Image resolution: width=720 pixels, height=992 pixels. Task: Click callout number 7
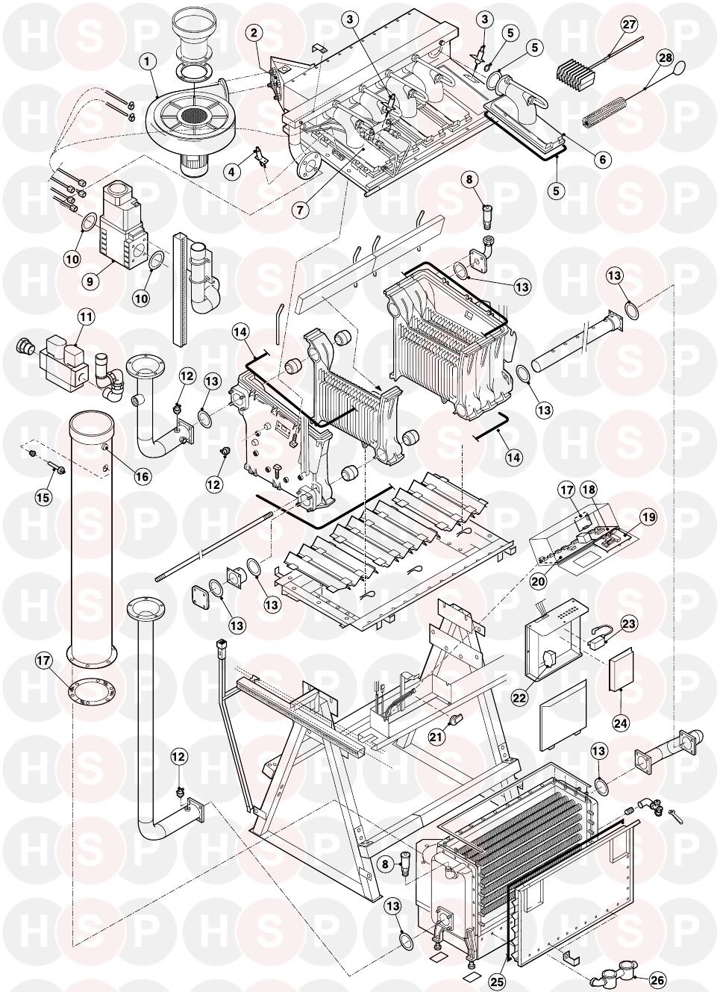click(x=300, y=210)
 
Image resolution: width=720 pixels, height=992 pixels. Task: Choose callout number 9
click(x=90, y=281)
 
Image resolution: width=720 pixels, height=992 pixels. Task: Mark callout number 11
click(x=87, y=316)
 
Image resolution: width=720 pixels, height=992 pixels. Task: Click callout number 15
click(x=44, y=496)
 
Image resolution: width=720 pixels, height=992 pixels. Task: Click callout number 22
click(x=519, y=697)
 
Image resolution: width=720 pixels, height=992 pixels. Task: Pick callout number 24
click(x=621, y=722)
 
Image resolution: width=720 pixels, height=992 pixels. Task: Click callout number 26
click(x=658, y=980)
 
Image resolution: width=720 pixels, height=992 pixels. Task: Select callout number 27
click(x=629, y=25)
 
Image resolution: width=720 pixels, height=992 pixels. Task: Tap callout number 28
click(x=664, y=57)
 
